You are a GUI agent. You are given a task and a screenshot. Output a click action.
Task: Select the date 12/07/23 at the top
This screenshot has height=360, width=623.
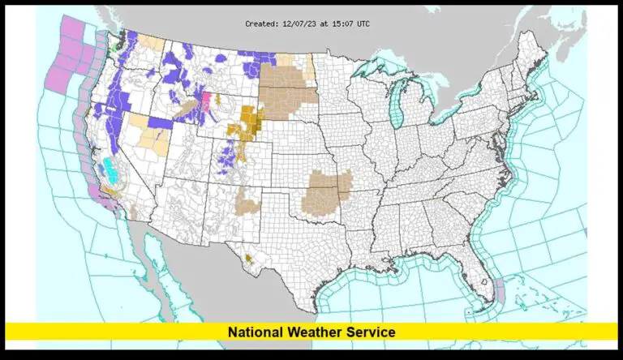click(x=297, y=24)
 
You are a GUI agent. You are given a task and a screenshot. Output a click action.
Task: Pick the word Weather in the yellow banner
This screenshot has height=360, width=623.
click(x=312, y=332)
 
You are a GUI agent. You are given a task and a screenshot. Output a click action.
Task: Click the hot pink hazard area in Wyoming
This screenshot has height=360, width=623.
click(x=206, y=101)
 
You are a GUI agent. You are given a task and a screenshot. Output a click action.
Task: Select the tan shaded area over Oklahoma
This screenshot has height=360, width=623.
click(x=327, y=193)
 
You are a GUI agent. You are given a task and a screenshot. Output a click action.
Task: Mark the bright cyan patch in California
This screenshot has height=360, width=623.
click(x=108, y=169)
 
